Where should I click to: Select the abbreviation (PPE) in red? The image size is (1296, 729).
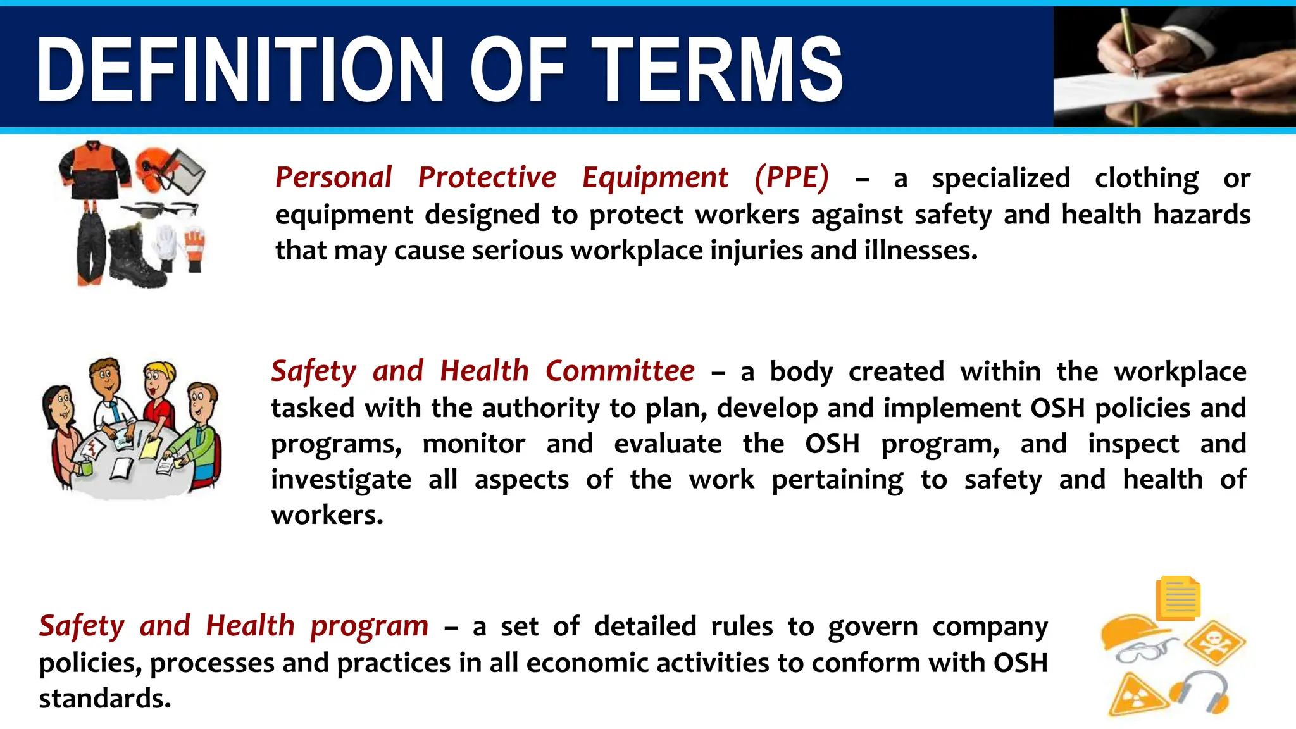pyautogui.click(x=791, y=178)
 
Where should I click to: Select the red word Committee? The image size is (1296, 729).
pyautogui.click(x=620, y=371)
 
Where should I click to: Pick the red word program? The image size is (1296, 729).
pyautogui.click(x=370, y=626)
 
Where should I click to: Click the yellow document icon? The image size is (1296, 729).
pyautogui.click(x=1178, y=598)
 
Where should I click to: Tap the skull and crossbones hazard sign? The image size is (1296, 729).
pyautogui.click(x=1214, y=642)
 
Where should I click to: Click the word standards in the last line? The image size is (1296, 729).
pyautogui.click(x=104, y=699)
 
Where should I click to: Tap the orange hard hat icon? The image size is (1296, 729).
pyautogui.click(x=1130, y=630)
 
